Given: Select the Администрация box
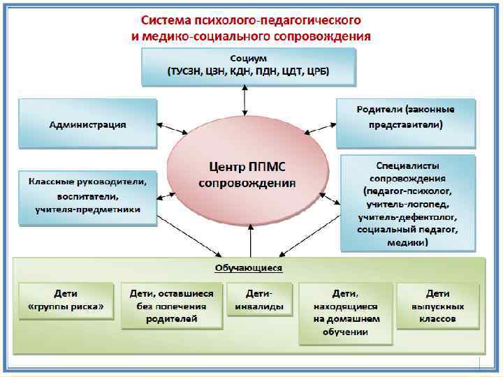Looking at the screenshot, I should coord(88,124).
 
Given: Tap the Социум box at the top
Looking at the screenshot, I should coord(248,64).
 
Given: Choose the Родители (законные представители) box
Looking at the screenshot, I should coord(405,117).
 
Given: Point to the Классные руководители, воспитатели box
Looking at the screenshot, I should coord(88,195).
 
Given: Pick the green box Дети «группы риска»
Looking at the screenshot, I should coord(66,300).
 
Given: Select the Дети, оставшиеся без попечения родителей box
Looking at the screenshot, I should coord(172,305).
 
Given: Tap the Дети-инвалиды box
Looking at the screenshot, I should coord(259,300).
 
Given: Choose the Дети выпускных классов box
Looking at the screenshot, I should coord(438,305).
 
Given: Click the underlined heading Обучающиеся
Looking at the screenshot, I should coord(248,267).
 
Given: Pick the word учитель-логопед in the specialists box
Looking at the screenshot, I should coord(407,203).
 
